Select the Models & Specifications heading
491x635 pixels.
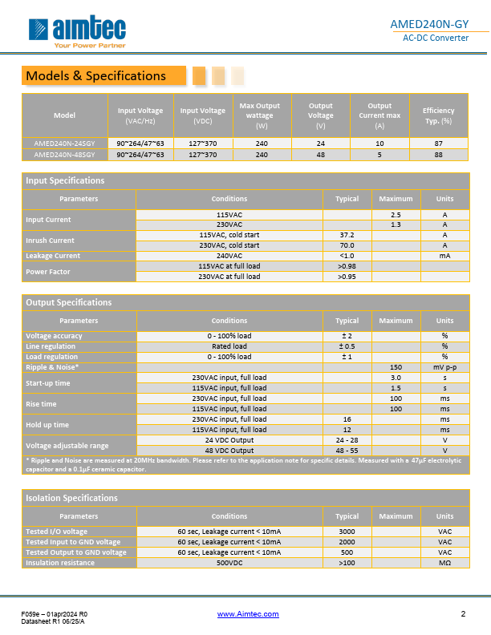[95, 76]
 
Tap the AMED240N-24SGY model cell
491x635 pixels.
[64, 143]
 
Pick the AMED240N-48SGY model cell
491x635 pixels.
[64, 154]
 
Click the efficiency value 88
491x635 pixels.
[438, 154]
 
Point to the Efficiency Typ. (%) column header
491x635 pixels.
[438, 115]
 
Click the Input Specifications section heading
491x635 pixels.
[65, 180]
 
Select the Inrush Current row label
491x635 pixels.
[50, 241]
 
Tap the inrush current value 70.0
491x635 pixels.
[347, 245]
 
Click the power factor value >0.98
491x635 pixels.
[347, 266]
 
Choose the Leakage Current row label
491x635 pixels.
[53, 256]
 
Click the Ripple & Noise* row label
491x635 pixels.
[52, 367]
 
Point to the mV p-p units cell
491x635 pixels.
[444, 367]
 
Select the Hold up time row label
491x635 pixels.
[47, 424]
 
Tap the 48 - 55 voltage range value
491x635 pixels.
[347, 451]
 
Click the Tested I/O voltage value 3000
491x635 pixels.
[347, 532]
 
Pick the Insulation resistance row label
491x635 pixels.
[60, 563]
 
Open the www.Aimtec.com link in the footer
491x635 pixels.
[248, 614]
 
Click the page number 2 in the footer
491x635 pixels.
[463, 614]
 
